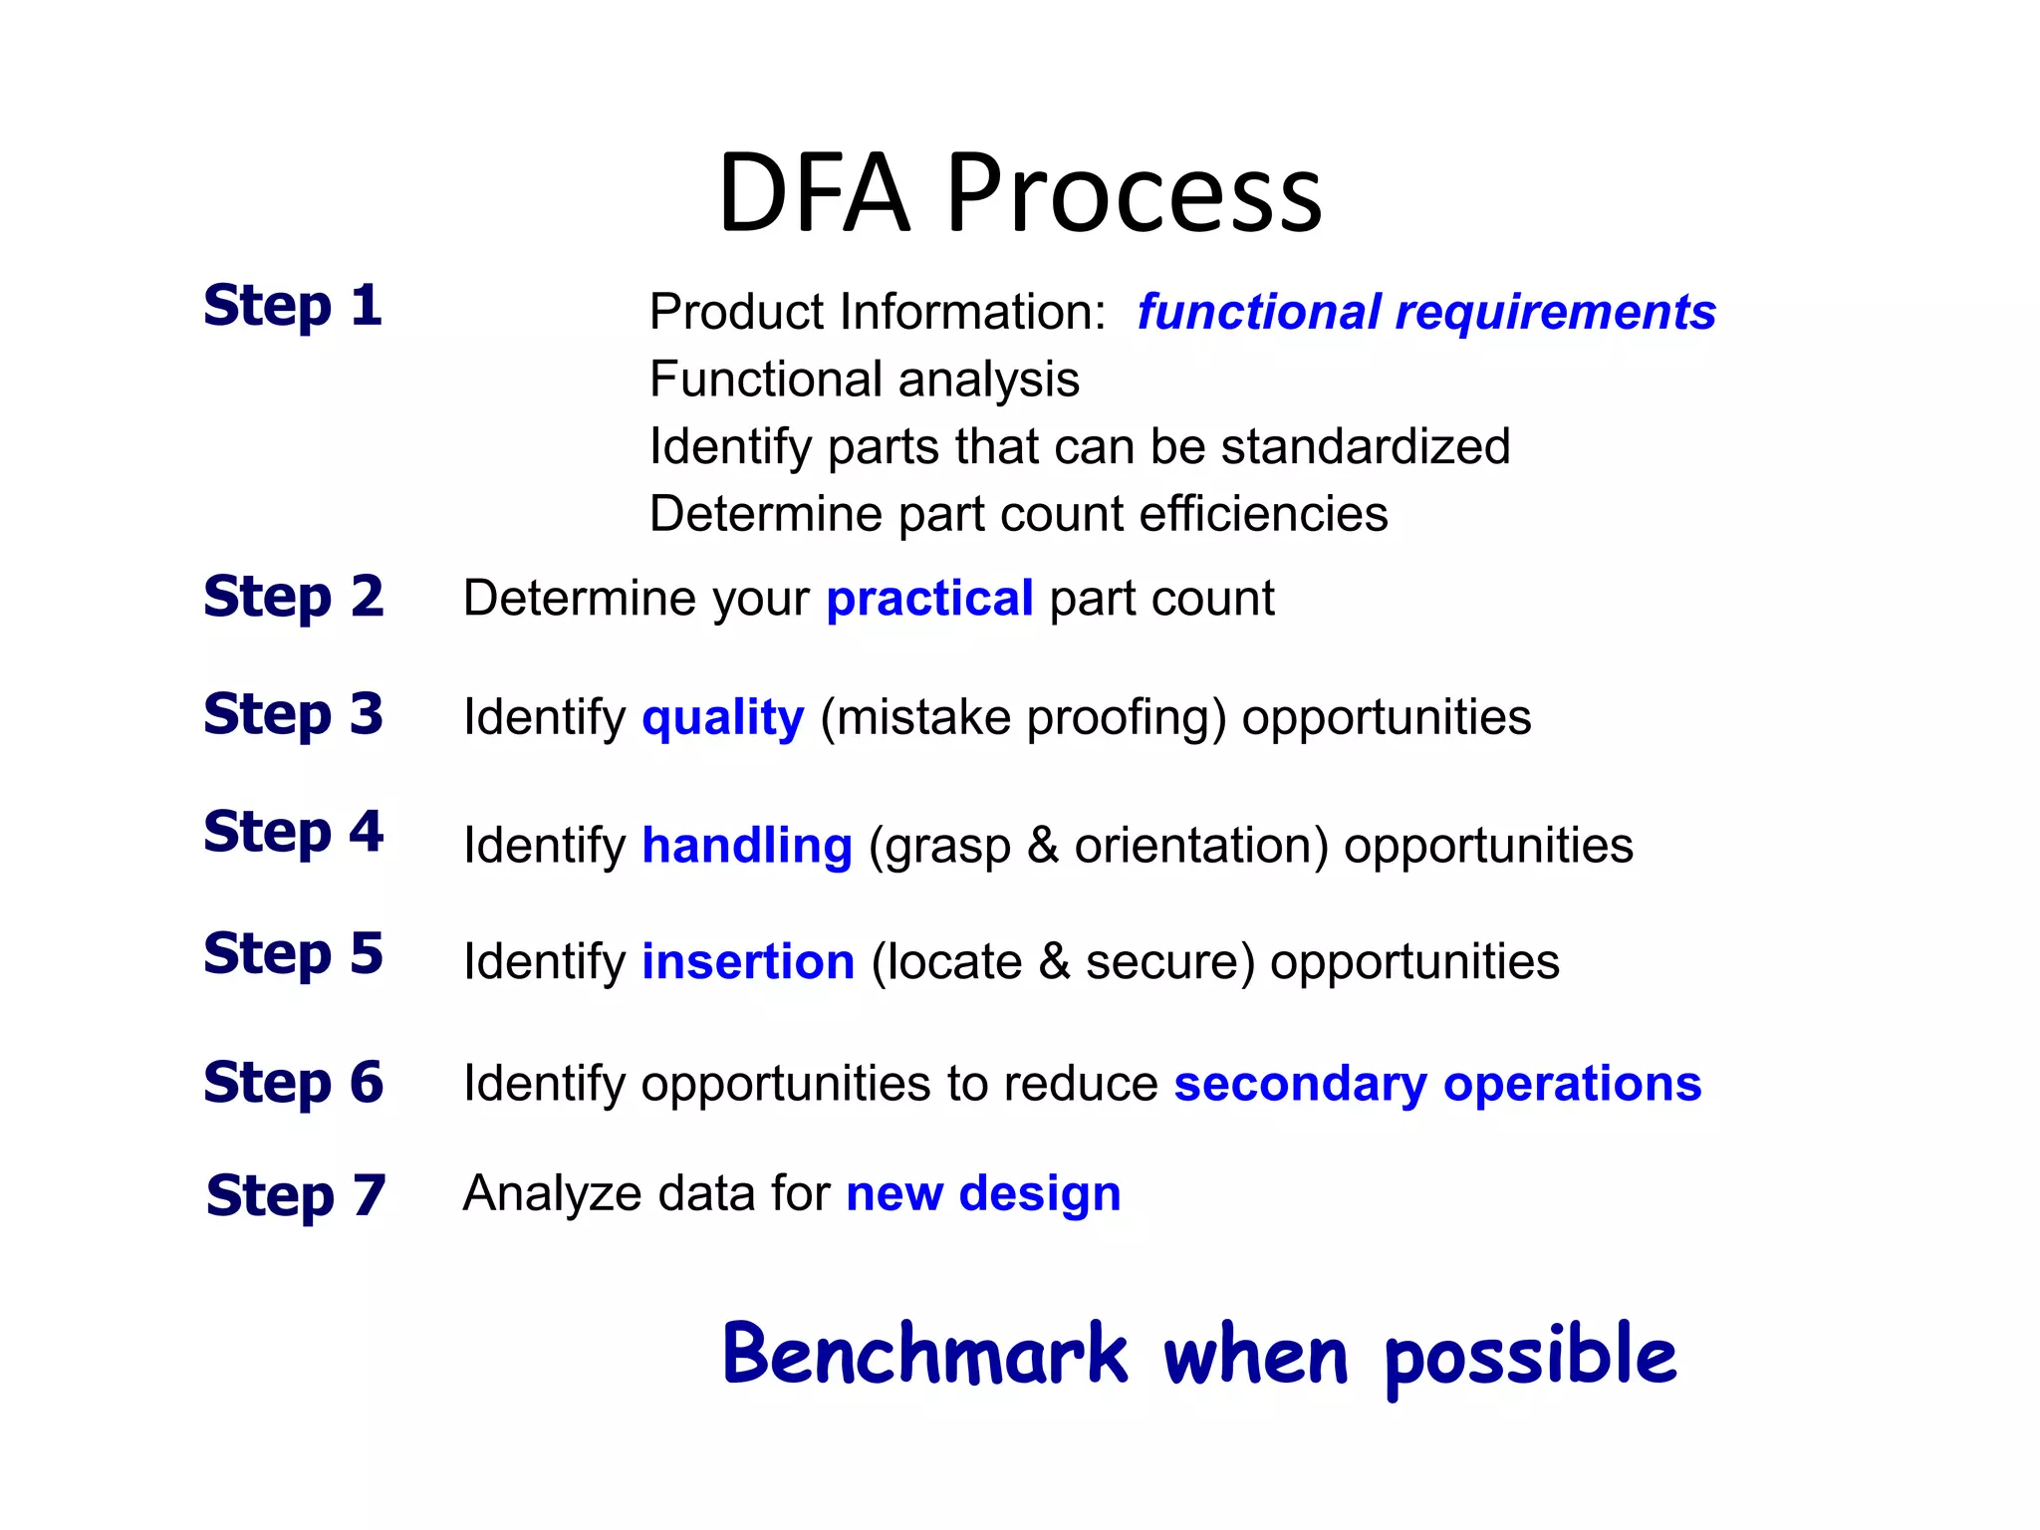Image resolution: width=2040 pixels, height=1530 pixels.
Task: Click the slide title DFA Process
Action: [x=1019, y=193]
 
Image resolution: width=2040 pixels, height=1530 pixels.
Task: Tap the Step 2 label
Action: [x=293, y=597]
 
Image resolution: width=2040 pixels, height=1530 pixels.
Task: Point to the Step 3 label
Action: [x=293, y=714]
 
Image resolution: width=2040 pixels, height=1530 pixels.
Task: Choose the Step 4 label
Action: [x=293, y=832]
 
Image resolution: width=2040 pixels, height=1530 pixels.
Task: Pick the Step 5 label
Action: [x=293, y=953]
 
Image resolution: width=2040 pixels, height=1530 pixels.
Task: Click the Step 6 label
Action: [x=293, y=1082]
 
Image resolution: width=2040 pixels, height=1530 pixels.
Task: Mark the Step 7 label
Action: [x=296, y=1195]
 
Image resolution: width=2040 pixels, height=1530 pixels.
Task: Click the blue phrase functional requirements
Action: [x=1426, y=312]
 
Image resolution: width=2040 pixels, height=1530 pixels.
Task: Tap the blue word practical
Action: [x=929, y=599]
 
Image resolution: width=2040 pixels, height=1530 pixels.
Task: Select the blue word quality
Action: [x=722, y=718]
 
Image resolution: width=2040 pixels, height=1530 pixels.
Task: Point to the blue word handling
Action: [x=747, y=846]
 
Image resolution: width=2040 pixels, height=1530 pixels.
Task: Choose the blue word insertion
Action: [x=748, y=962]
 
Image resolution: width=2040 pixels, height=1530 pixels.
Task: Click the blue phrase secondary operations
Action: [x=1437, y=1084]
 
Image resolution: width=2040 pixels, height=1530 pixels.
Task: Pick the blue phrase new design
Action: [x=983, y=1193]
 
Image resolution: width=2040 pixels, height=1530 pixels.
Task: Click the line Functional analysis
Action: [x=864, y=380]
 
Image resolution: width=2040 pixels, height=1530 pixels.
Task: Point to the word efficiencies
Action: [x=1263, y=514]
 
